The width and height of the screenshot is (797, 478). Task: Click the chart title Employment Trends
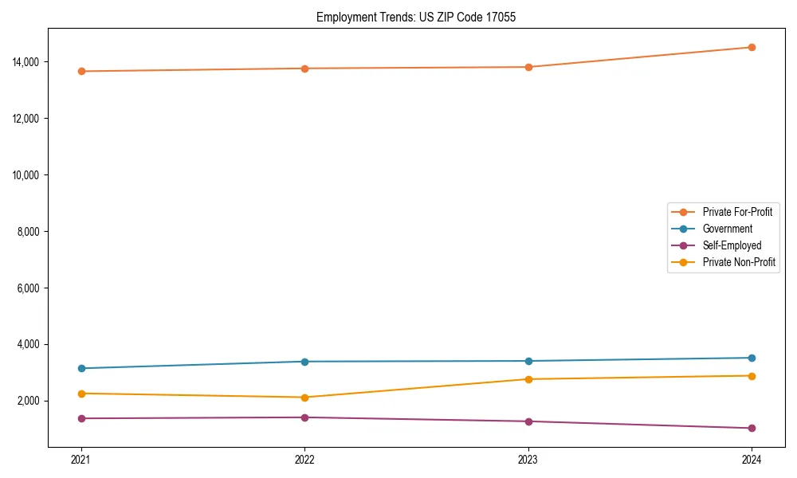click(x=416, y=17)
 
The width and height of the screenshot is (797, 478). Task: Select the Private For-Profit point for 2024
click(x=752, y=47)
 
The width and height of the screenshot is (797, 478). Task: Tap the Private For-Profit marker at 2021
click(x=80, y=72)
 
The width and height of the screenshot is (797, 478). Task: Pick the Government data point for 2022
click(x=304, y=362)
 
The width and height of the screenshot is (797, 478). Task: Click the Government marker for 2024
click(x=752, y=358)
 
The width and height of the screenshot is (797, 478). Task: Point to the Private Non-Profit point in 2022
click(x=304, y=398)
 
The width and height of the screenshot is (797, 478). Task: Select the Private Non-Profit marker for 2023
click(x=528, y=379)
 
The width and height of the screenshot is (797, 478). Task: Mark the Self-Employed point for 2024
click(x=752, y=429)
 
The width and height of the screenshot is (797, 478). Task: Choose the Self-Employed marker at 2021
click(x=80, y=418)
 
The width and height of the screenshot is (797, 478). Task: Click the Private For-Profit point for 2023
click(x=528, y=67)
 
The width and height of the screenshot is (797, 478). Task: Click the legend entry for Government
click(x=727, y=229)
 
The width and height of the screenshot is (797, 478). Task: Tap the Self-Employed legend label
click(x=732, y=245)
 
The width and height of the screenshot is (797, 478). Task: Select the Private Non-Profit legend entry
click(x=739, y=262)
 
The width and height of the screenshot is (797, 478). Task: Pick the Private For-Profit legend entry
click(x=737, y=212)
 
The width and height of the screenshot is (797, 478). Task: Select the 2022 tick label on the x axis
click(x=304, y=459)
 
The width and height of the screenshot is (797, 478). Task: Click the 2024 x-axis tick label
click(x=752, y=459)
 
